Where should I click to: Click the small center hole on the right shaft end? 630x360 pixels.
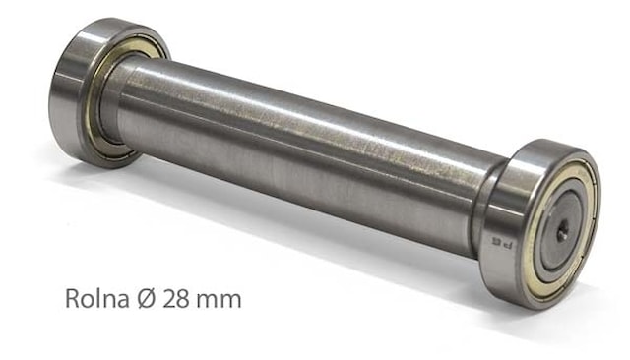(560, 232)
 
